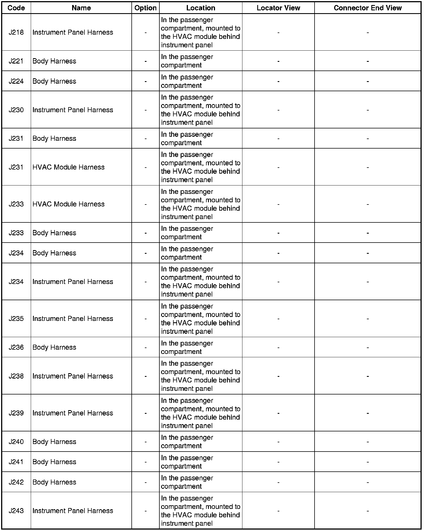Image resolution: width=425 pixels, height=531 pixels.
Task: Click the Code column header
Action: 16,8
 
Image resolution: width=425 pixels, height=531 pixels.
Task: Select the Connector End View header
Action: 367,8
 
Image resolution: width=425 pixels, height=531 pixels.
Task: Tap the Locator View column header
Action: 278,8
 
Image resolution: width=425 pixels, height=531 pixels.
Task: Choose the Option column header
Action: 145,8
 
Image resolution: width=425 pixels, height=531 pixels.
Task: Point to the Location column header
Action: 200,8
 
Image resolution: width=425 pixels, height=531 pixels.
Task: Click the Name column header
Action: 81,8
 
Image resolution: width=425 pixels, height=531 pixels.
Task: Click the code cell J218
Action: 16,32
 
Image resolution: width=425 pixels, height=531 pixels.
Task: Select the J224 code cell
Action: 16,81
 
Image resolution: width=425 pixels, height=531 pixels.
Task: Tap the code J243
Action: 16,511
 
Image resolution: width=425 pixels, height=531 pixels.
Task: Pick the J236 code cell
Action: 16,347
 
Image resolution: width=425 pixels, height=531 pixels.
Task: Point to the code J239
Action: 16,413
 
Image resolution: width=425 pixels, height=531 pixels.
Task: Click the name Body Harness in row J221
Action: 54,61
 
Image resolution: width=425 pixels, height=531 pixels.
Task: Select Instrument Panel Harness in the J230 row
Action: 73,110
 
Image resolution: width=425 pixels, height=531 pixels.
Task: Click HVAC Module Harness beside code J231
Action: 69,167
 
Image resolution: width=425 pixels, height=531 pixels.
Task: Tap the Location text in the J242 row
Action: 187,482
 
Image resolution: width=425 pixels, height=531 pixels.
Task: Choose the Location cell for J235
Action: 200,319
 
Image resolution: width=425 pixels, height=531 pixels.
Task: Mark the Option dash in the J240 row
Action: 145,442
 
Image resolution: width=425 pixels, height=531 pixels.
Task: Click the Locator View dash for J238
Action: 278,376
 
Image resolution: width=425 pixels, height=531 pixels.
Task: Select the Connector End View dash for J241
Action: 367,462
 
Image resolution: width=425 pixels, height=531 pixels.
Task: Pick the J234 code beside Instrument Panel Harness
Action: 16,281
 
